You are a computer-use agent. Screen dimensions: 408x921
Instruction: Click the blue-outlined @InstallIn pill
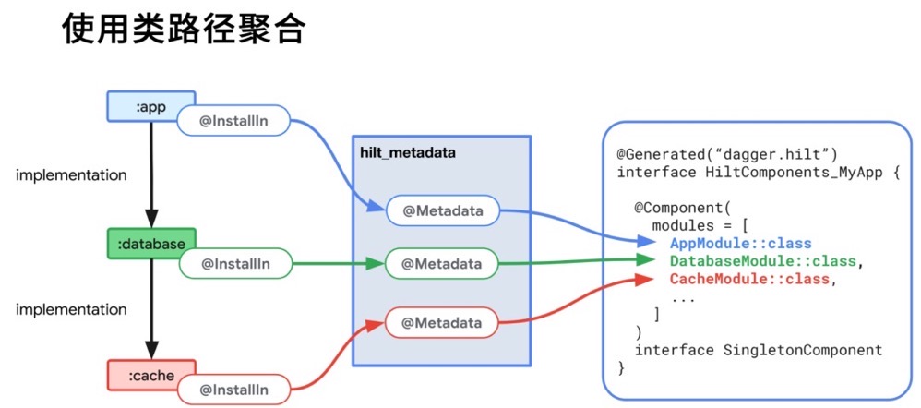(233, 120)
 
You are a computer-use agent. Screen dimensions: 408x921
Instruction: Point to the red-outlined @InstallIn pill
(234, 390)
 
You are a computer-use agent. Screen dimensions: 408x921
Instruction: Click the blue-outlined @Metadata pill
(442, 210)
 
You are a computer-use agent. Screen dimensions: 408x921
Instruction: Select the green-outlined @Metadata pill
(442, 264)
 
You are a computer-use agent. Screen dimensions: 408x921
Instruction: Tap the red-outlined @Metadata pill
(442, 323)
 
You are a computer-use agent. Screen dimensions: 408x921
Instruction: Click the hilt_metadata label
(408, 152)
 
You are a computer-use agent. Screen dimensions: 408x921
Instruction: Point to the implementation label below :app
(71, 174)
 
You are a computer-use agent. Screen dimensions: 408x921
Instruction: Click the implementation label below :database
(71, 309)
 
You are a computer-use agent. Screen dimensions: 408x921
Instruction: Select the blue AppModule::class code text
(740, 244)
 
